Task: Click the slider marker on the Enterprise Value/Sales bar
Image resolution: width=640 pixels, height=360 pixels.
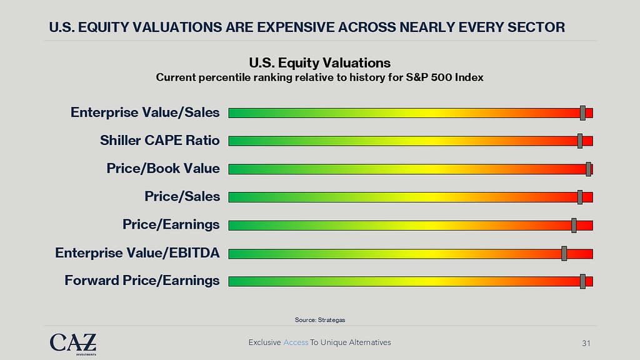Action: click(x=582, y=112)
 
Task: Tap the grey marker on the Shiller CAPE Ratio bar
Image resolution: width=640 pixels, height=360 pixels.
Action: click(x=580, y=141)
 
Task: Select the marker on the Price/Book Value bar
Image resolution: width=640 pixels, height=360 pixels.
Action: click(x=588, y=169)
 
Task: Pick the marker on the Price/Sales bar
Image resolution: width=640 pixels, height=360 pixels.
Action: click(x=580, y=197)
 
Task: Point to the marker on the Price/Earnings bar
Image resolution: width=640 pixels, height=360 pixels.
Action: click(x=574, y=225)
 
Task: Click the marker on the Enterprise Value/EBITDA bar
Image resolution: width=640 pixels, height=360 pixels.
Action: click(x=564, y=253)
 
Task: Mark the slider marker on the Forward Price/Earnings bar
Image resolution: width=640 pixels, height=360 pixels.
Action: click(x=582, y=281)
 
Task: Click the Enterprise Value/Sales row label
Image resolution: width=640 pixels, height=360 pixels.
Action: click(x=145, y=112)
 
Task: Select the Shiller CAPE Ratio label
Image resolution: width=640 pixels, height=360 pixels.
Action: click(x=160, y=140)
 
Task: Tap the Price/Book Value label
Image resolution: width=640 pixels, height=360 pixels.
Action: click(x=163, y=168)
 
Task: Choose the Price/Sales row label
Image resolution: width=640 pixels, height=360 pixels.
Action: click(x=182, y=196)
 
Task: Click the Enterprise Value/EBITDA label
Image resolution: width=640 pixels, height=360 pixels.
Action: click(x=137, y=252)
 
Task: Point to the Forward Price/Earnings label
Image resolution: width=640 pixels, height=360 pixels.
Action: click(x=142, y=281)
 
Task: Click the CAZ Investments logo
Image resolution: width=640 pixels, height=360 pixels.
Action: click(x=73, y=343)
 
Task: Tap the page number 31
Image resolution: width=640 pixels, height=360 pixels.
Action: click(x=586, y=343)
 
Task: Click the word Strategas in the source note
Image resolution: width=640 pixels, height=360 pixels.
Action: click(x=331, y=320)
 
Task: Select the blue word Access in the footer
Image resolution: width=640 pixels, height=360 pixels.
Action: click(x=296, y=342)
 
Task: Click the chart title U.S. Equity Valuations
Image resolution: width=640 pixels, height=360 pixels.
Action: click(x=319, y=62)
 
